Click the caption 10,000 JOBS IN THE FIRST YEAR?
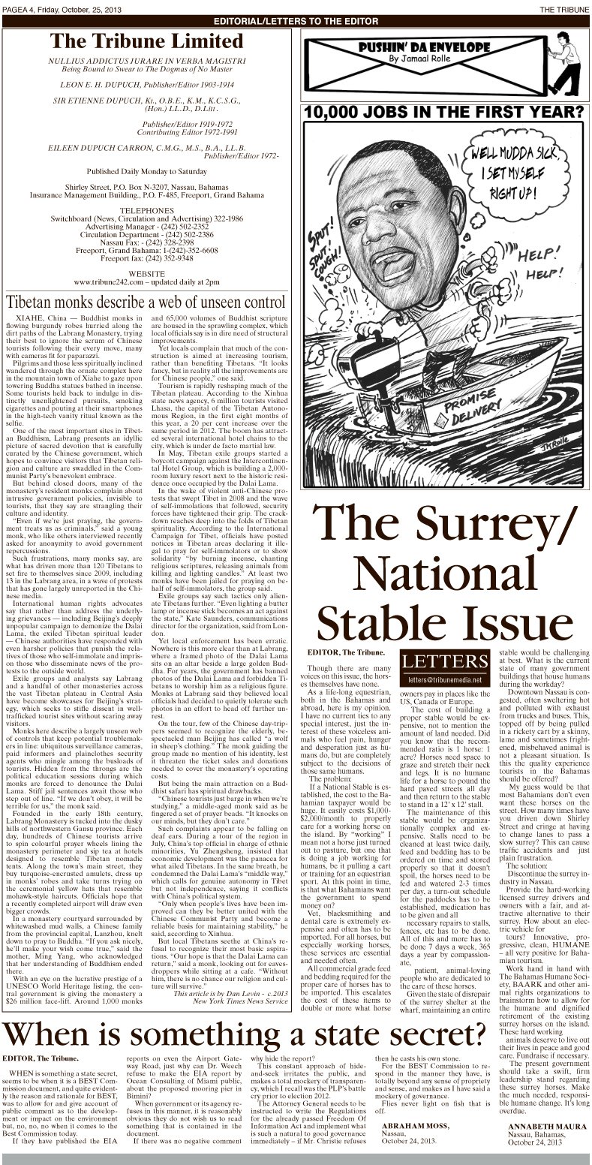[x=443, y=113]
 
